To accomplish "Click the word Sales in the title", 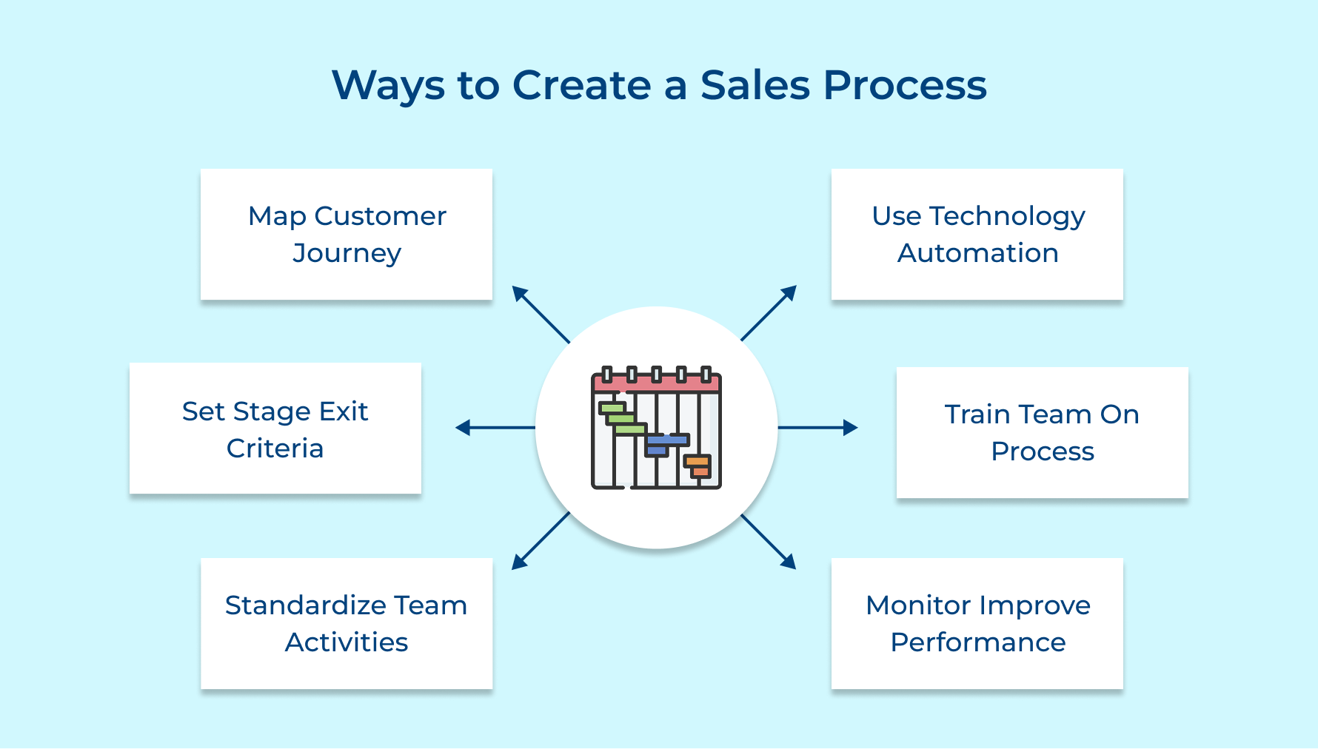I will tap(755, 85).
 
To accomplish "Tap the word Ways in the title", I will tap(388, 85).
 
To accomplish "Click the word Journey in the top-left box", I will tap(347, 254).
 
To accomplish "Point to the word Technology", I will tap(1007, 216).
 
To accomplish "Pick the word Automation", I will tap(977, 253).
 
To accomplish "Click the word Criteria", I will tap(275, 449).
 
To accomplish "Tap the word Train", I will tap(977, 414).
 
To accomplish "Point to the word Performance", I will tap(977, 642).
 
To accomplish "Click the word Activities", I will tap(347, 642).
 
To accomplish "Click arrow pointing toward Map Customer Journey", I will tap(540, 313).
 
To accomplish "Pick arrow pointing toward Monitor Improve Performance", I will tap(769, 543).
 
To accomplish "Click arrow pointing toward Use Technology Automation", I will tap(769, 312).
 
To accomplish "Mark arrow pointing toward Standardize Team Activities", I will tap(540, 543).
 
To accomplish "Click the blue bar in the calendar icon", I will tap(666, 440).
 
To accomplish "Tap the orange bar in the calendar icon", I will tap(698, 462).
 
